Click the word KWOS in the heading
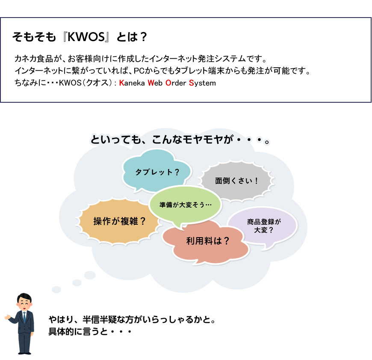tap(86, 37)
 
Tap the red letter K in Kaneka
tap(121, 83)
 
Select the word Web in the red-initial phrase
tap(155, 83)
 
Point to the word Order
tap(176, 83)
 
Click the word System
tap(202, 83)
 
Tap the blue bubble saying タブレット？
tap(156, 171)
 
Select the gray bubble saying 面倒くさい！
tap(236, 181)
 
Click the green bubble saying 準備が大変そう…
tap(185, 204)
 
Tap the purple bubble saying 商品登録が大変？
tap(263, 226)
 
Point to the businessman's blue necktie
tap(24, 317)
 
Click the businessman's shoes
tap(25, 353)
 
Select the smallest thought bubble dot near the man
tap(56, 289)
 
